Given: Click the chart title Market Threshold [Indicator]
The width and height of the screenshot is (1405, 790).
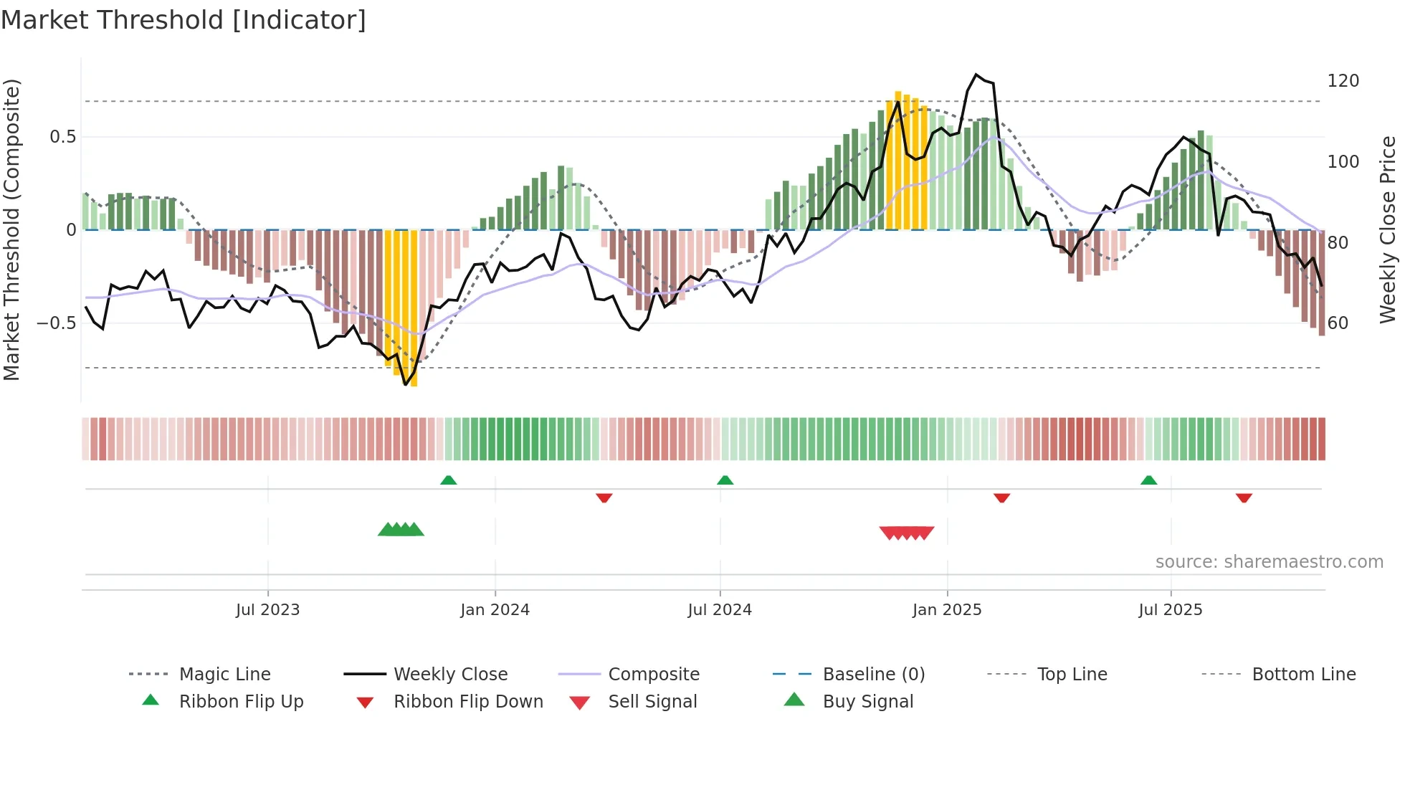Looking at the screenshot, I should point(184,20).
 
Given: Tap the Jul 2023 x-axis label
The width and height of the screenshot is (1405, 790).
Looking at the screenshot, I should point(267,610).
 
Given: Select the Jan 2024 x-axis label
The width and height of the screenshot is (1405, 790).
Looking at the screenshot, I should point(495,610).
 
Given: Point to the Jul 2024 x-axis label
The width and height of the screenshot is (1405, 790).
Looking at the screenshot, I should point(720,610).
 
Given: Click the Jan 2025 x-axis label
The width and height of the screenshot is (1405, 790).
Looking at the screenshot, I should point(947,610).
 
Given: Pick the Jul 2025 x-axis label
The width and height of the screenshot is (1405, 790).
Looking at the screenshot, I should point(1170,610).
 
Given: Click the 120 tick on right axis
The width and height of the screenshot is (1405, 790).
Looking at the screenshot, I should point(1343,81).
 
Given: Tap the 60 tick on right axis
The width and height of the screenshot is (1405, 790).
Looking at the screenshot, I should point(1338,323).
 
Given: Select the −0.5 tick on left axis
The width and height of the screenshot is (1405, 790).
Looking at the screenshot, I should point(56,323).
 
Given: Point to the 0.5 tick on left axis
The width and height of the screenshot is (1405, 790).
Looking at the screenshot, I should point(62,137).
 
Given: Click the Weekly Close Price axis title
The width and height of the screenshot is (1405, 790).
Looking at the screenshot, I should point(1388,229).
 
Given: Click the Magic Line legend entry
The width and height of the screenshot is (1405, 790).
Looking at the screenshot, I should point(224,675).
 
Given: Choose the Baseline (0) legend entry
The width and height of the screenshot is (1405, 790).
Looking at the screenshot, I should point(873,675).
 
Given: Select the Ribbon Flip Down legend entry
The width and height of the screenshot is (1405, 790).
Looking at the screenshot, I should point(467,702).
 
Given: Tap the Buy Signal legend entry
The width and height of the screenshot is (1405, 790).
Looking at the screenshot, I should point(867,702).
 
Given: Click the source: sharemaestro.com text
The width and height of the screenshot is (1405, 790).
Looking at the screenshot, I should point(1269,562).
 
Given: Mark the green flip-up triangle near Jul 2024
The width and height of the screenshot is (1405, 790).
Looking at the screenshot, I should point(725,480).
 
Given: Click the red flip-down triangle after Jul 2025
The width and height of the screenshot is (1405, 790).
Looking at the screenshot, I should point(1244,498).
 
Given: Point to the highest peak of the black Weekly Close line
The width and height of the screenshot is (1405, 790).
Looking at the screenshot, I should point(976,74).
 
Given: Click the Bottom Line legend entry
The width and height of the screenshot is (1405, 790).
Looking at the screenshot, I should point(1303,675).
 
